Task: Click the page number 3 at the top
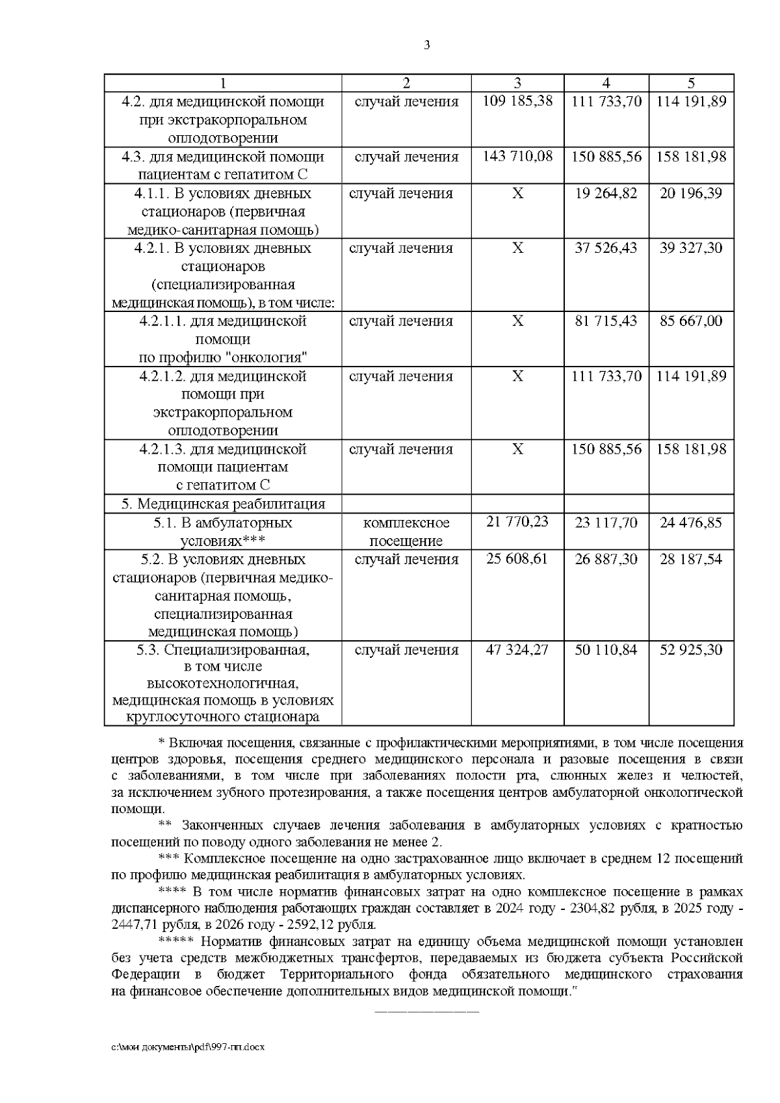[x=426, y=45]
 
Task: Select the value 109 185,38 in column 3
[x=517, y=101]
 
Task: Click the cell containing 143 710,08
[x=517, y=157]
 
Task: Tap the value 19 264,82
[x=606, y=194]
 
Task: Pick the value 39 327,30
[x=691, y=248]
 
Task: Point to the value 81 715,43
[x=606, y=321]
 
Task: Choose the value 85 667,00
[x=691, y=321]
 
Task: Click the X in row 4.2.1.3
[x=517, y=449]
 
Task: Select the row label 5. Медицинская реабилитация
[x=223, y=504]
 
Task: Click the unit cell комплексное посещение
[x=406, y=532]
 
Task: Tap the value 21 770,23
[x=517, y=522]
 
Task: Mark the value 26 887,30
[x=606, y=560]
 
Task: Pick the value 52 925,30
[x=691, y=650]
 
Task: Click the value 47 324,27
[x=517, y=650]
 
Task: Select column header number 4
[x=606, y=83]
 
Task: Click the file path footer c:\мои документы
[x=189, y=1047]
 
